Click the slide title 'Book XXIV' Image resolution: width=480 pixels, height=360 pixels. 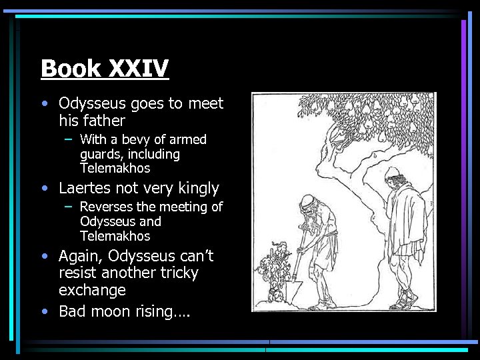105,68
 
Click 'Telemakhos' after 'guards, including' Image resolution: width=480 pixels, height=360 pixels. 115,169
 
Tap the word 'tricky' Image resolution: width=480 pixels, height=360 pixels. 177,273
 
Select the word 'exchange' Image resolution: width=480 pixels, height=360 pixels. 92,291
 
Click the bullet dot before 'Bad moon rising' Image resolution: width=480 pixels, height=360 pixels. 44,311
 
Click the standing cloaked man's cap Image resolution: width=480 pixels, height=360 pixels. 392,175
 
